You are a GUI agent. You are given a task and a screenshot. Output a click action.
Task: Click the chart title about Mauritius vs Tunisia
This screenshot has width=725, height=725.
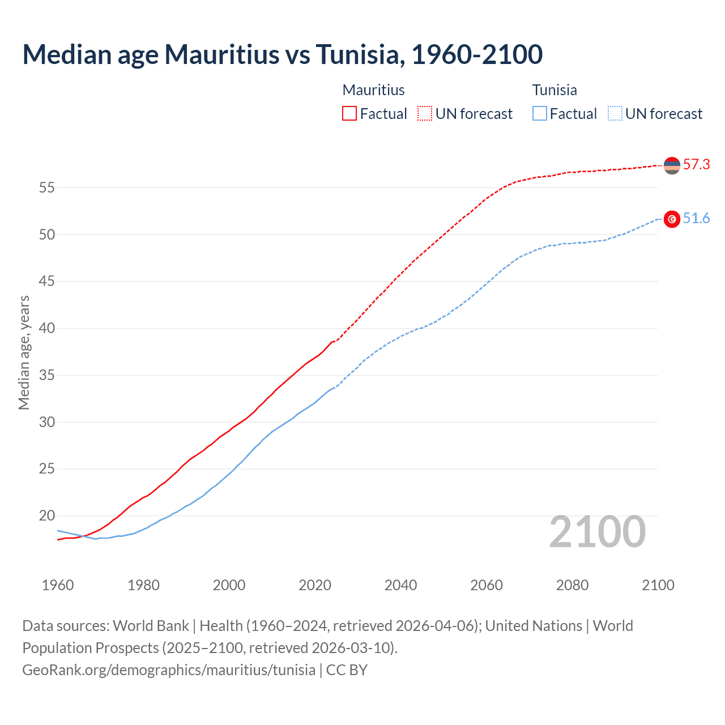pyautogui.click(x=282, y=54)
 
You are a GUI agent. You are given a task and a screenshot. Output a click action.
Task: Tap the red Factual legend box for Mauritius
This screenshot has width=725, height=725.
pyautogui.click(x=349, y=113)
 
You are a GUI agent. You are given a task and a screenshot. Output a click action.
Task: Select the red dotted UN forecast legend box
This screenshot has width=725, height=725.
pyautogui.click(x=425, y=113)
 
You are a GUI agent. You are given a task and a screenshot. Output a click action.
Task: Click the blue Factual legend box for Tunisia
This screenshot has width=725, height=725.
pyautogui.click(x=540, y=113)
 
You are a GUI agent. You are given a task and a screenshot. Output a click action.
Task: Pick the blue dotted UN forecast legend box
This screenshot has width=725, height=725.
pyautogui.click(x=615, y=113)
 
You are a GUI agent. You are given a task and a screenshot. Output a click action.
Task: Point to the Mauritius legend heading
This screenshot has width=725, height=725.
pyautogui.click(x=373, y=90)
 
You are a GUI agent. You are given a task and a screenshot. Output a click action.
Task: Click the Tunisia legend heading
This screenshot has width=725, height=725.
pyautogui.click(x=555, y=90)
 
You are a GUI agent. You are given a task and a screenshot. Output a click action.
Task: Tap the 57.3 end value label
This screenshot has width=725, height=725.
pyautogui.click(x=696, y=165)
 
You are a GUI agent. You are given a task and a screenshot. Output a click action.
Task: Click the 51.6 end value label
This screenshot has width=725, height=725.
pyautogui.click(x=696, y=219)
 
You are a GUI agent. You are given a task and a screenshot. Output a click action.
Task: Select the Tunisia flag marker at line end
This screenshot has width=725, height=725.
pyautogui.click(x=672, y=219)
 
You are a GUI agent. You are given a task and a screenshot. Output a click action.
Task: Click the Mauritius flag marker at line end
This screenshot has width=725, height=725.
pyautogui.click(x=672, y=165)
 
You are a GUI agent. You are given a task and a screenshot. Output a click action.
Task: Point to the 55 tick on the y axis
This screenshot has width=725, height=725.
pyautogui.click(x=46, y=187)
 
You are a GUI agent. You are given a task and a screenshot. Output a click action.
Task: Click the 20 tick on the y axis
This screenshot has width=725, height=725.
pyautogui.click(x=46, y=516)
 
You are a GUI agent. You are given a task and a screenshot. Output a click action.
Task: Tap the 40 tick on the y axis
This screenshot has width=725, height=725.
pyautogui.click(x=46, y=329)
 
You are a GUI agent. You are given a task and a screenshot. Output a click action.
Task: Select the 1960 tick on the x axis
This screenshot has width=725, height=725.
pyautogui.click(x=58, y=585)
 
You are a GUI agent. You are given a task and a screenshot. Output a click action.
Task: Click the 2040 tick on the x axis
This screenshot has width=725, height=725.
pyautogui.click(x=400, y=585)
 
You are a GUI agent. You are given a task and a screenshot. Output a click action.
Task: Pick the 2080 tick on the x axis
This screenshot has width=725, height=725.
pyautogui.click(x=572, y=585)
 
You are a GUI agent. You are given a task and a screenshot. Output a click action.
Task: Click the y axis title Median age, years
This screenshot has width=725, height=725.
pyautogui.click(x=24, y=352)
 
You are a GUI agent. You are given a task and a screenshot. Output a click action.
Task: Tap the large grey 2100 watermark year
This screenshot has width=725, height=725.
pyautogui.click(x=597, y=532)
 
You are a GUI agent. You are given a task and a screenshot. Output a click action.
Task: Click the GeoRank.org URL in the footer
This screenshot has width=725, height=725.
pyautogui.click(x=169, y=670)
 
